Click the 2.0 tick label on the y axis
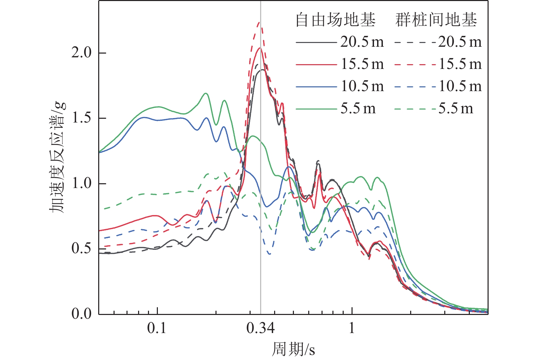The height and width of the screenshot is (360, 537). pos(81,53)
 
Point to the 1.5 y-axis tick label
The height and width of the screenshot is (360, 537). pos(81,118)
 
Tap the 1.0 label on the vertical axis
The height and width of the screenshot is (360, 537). pos(81,183)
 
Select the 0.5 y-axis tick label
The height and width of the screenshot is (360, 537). pos(81,248)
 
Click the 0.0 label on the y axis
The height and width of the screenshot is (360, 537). pos(81,313)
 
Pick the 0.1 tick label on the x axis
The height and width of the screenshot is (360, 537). pos(157,328)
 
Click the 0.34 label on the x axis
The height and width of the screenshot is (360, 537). pos(260,328)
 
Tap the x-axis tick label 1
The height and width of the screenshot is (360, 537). pos(352,328)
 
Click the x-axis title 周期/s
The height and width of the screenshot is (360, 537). pos(293,349)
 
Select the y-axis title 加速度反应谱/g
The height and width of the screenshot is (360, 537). pos(58,157)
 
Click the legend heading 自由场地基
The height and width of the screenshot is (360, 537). pos(335,20)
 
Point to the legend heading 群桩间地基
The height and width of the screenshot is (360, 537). pos(436,20)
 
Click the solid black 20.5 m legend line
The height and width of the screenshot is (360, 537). pos(316,42)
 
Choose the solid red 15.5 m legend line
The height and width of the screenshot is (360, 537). pos(316,64)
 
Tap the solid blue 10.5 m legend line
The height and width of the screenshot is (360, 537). pos(316,87)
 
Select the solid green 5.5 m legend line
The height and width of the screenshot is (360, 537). pos(316,109)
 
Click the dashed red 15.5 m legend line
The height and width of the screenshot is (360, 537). pos(415,64)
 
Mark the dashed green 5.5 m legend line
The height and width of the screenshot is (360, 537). pos(415,109)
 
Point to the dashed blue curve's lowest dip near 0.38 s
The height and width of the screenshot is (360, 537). pos(269,254)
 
